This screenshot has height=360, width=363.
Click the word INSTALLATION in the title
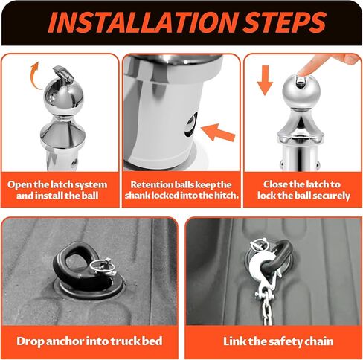click(x=143, y=22)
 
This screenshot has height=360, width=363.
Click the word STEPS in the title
click(x=284, y=22)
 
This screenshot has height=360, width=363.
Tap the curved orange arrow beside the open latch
click(x=35, y=76)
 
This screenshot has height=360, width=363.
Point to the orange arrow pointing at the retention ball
click(x=217, y=132)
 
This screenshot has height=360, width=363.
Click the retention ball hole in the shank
click(x=191, y=125)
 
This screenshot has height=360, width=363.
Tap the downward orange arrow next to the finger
click(x=265, y=80)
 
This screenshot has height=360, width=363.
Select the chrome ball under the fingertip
click(x=301, y=92)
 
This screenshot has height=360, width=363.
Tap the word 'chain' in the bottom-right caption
click(x=319, y=341)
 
